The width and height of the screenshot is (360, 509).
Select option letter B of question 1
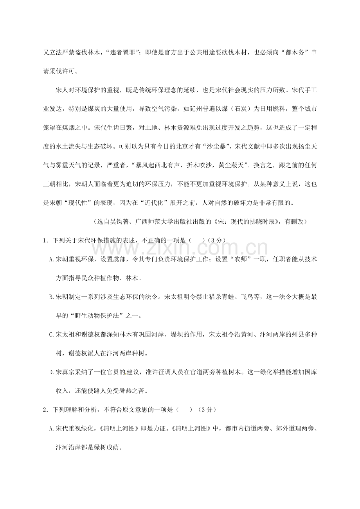(x=52, y=297)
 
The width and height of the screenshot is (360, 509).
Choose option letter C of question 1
(x=52, y=334)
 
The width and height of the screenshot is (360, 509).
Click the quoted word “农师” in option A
(x=246, y=259)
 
